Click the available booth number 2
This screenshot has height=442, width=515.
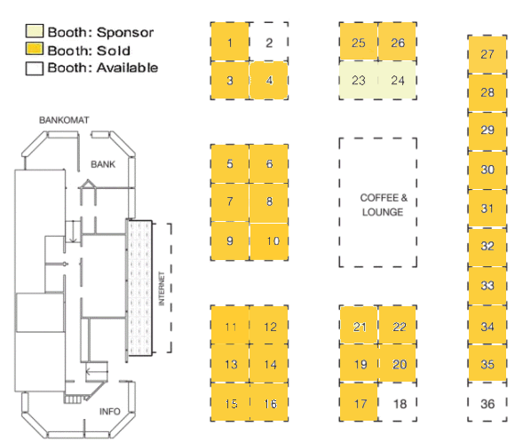pos(269,42)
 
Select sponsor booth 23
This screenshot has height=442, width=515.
pos(359,80)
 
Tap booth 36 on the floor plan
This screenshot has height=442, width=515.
pos(487,401)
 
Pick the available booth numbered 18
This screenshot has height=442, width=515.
pos(398,402)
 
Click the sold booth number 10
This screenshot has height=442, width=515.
pos(269,241)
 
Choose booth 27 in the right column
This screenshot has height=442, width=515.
pos(487,54)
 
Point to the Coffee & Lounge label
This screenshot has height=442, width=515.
pos(384,205)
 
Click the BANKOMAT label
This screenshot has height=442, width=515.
pos(64,120)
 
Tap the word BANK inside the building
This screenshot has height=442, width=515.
pos(103,164)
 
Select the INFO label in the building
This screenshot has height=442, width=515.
pos(110,412)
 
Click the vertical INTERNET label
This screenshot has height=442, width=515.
pos(162,288)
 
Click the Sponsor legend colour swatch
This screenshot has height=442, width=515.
pos(35,31)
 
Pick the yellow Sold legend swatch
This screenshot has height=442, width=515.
pos(35,49)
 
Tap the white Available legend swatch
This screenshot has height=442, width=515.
pos(35,68)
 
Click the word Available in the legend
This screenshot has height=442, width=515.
pos(128,67)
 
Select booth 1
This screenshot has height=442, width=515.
pos(230,42)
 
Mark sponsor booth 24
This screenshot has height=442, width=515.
pos(398,80)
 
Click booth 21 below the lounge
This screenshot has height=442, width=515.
pos(359,325)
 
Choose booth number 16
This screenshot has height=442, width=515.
pos(269,402)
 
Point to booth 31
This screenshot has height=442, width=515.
pos(487,209)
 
